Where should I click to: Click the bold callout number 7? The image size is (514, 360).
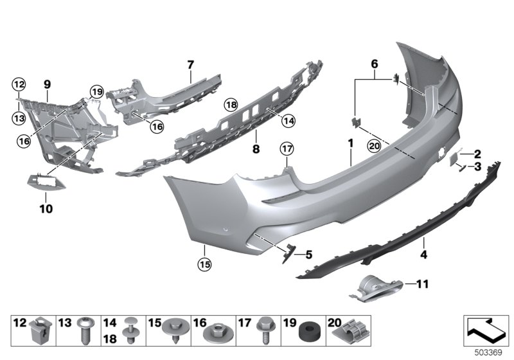(190, 64)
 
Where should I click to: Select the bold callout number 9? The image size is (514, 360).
(47, 84)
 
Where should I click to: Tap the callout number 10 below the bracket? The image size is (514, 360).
(47, 208)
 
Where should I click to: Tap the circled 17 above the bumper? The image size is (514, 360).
(287, 149)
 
